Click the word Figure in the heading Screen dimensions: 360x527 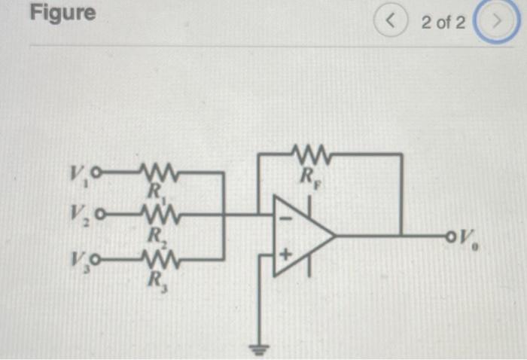tap(63, 13)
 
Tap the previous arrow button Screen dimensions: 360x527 tap(390, 22)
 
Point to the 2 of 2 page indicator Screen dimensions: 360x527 tap(443, 22)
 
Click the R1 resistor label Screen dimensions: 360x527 tap(155, 192)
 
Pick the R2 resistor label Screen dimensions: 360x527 tap(155, 234)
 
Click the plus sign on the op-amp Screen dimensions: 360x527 tap(285, 255)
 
